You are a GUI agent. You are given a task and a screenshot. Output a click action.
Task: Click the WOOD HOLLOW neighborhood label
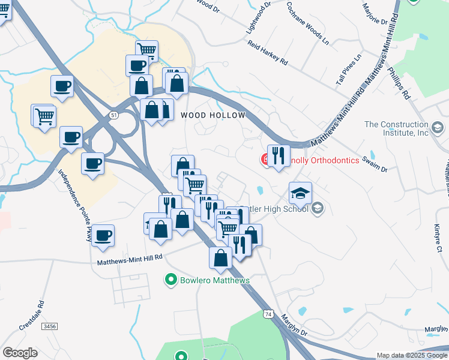coord(213,115)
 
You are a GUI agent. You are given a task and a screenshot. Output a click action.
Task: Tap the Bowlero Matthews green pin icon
coord(171,280)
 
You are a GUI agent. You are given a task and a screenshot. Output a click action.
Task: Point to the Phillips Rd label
coord(398,86)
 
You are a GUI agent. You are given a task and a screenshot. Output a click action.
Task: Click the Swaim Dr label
coord(376,165)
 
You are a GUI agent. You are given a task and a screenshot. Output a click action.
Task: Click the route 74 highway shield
coord(268,314)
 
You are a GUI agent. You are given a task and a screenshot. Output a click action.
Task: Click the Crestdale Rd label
coord(29,316)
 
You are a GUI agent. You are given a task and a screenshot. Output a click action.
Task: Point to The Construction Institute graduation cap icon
coord(438,128)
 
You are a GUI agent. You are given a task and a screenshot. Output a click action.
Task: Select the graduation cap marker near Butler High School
coord(300,194)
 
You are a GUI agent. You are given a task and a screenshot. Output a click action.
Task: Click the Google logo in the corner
coord(20,353)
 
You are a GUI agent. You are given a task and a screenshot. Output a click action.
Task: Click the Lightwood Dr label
coord(259,16)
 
